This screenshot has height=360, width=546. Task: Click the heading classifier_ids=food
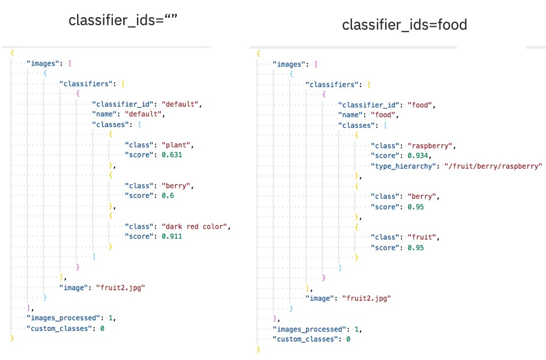coord(405,25)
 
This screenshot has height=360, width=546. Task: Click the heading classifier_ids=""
coord(123,21)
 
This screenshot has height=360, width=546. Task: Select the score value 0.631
coord(171,155)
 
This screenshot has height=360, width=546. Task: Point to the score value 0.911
coord(171,236)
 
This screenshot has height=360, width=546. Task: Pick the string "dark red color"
coord(195,226)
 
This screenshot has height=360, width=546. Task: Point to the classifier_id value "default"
coord(181,104)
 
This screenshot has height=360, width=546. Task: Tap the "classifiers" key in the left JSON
coord(84,84)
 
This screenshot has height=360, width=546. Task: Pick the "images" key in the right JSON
coord(290,64)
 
